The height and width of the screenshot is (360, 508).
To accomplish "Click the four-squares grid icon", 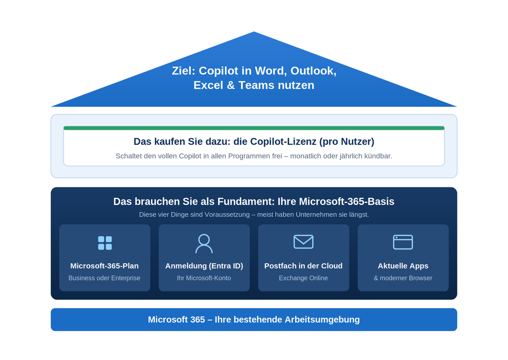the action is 105,243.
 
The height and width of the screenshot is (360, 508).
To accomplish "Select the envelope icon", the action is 304,241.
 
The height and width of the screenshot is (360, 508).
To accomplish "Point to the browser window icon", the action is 403,242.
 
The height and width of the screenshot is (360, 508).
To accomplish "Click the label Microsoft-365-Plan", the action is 104,266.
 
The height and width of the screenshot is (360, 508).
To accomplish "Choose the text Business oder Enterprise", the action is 104,278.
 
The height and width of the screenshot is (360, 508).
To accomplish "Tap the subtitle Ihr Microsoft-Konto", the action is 204,278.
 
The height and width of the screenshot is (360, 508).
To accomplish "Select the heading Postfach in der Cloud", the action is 303,266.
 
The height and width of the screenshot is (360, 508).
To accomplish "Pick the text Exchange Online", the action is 303,278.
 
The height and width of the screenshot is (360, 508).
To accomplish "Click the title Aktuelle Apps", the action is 403,266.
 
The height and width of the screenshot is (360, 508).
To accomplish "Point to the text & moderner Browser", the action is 403,278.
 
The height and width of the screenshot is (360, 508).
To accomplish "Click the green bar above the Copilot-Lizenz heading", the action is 254,128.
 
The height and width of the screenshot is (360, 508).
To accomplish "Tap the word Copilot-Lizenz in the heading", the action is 283,141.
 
